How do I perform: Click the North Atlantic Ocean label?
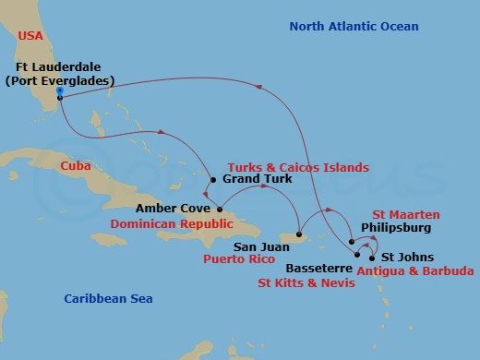354,27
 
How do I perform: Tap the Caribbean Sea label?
108,299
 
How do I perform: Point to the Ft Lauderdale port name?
59,67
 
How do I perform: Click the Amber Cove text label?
166,209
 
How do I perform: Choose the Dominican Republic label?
169,224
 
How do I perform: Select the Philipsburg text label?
395,224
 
